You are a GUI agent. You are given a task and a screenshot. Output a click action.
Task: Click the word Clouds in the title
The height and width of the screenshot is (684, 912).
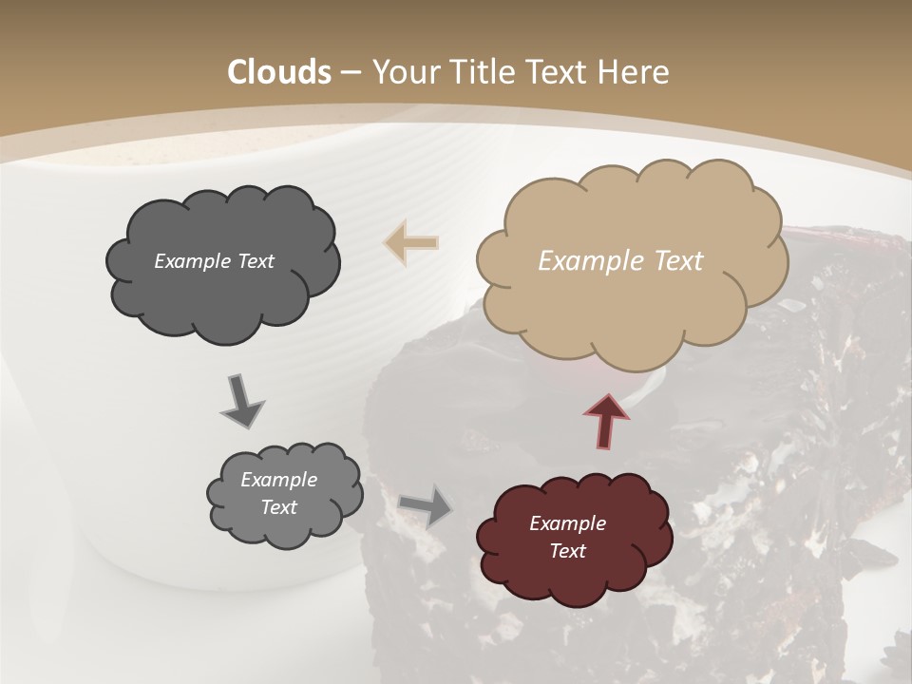279,72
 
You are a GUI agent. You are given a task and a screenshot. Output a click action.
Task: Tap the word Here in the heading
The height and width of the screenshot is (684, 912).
636,72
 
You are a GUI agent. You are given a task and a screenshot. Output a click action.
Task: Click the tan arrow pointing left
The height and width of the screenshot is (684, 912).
411,242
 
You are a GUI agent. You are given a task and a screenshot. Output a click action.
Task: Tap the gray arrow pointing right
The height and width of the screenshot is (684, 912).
426,505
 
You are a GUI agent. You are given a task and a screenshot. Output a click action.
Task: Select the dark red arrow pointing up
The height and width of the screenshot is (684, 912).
607,420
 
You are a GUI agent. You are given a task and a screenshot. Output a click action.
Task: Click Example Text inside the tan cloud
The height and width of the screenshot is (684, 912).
620,260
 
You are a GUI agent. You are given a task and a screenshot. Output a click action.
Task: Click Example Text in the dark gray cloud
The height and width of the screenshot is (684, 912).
214,260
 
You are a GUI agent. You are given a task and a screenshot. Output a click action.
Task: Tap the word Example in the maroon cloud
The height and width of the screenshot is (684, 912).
567,523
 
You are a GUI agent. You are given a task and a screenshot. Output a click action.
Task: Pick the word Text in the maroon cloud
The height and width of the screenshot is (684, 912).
567,551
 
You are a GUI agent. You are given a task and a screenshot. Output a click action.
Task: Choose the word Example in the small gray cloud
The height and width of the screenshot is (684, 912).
278,480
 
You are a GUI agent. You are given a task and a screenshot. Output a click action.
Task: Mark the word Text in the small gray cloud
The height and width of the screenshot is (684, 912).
278,507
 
